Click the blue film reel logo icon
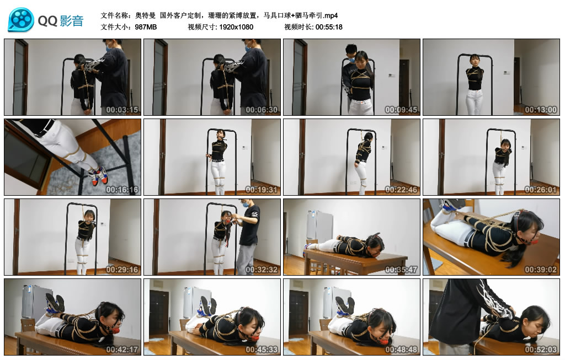(20, 20)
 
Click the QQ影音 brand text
(61, 21)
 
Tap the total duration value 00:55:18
(329, 26)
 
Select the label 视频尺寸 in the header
(202, 26)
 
